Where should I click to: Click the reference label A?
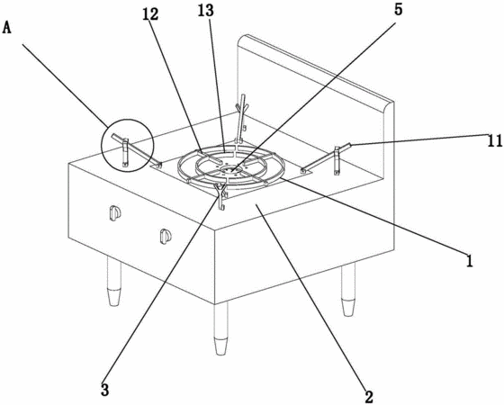pos(7,28)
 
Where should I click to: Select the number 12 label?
pos(150,14)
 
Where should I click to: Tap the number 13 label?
pos(206,11)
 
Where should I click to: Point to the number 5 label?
pos(398,10)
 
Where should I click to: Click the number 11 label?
pos(495,140)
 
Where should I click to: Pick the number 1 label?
pos(470,261)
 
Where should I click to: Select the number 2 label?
pos(369,397)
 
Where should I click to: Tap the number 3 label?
pos(104,390)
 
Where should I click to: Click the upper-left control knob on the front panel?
pos(114,213)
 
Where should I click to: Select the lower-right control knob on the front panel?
pos(166,236)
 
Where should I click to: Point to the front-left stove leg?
pos(114,282)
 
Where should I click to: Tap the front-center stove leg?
pos(221,328)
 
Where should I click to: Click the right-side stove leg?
pos(348,290)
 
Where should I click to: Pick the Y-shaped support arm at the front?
pos(221,196)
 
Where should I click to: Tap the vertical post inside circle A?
pos(125,153)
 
